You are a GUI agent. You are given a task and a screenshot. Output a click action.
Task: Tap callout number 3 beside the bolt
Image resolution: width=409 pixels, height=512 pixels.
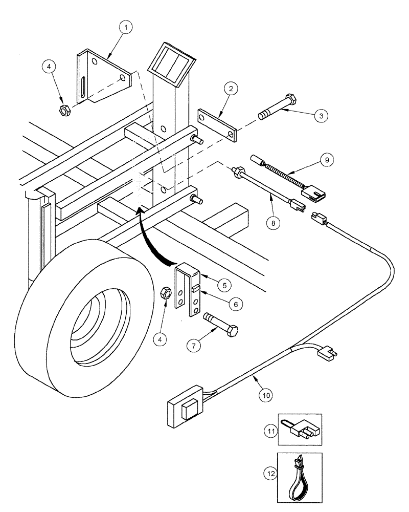320,116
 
